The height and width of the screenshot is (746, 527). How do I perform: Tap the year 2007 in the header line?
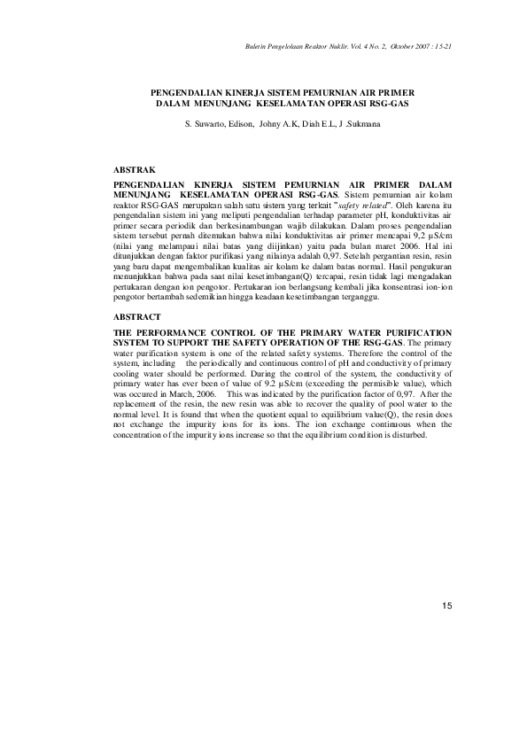pos(418,45)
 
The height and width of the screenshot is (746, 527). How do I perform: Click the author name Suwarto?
pos(209,126)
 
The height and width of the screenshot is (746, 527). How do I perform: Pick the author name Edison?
pos(242,126)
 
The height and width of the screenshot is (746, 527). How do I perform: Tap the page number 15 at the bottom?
pos(446,605)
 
